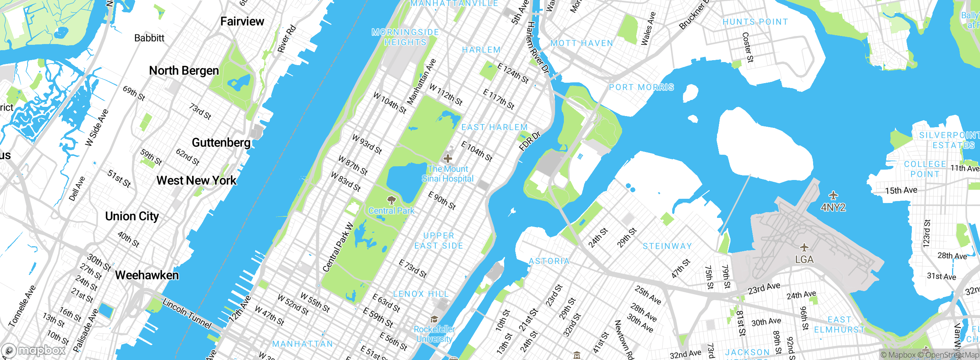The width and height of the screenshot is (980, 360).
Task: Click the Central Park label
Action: pyautogui.click(x=391, y=211)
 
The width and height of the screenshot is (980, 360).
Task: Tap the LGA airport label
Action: pyautogui.click(x=804, y=260)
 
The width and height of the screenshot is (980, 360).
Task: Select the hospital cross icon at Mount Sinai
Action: pyautogui.click(x=448, y=158)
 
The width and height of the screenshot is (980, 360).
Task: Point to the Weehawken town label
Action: pyautogui.click(x=147, y=275)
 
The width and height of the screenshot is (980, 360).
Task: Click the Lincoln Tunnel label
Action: pyautogui.click(x=187, y=313)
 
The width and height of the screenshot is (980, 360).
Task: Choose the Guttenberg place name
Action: pyautogui.click(x=221, y=142)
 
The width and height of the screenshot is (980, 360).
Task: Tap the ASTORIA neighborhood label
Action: pyautogui.click(x=549, y=261)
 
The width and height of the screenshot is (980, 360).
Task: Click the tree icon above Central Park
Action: pyautogui.click(x=391, y=200)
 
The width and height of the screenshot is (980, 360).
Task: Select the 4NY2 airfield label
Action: pyautogui.click(x=833, y=208)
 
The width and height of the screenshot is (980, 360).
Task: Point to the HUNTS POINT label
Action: pyautogui.click(x=755, y=22)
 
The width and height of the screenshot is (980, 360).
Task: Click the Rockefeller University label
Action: pyautogui.click(x=434, y=334)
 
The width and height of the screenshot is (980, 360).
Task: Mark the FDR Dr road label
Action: pyautogui.click(x=530, y=141)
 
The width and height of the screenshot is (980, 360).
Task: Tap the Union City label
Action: pyautogui.click(x=132, y=216)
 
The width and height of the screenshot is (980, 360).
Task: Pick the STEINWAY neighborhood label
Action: pyautogui.click(x=667, y=246)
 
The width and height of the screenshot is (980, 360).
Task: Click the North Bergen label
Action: pyautogui.click(x=184, y=71)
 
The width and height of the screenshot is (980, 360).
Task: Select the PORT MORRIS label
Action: pyautogui.click(x=642, y=87)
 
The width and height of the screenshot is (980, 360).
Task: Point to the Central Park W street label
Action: pyautogui.click(x=338, y=247)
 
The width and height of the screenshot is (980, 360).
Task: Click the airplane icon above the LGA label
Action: pyautogui.click(x=804, y=247)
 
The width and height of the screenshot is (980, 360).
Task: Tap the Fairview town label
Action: pyautogui.click(x=242, y=21)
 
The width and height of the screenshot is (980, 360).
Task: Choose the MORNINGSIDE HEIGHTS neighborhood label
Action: pyautogui.click(x=405, y=37)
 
